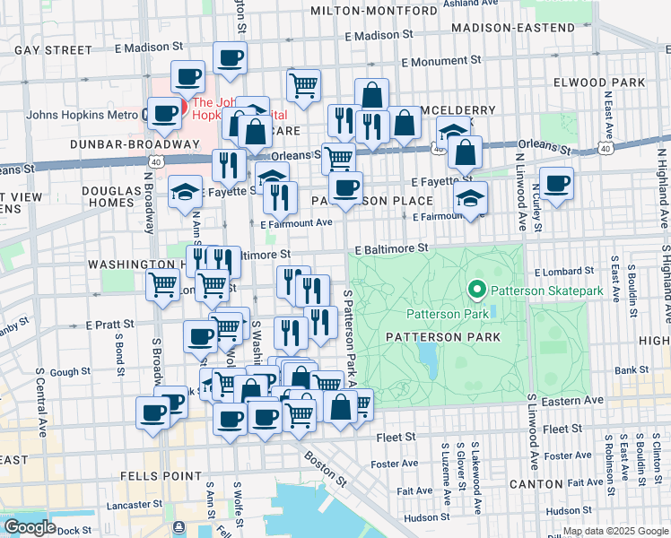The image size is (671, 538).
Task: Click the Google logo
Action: [x=30, y=527]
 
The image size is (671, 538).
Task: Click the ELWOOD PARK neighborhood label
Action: [x=625, y=82]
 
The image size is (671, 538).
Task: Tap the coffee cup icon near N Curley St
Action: [x=556, y=184]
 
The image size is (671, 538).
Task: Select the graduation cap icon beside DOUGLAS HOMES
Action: [x=186, y=191]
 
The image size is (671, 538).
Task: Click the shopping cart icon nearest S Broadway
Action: [x=163, y=286]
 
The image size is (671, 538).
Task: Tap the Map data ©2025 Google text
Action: [x=614, y=531]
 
